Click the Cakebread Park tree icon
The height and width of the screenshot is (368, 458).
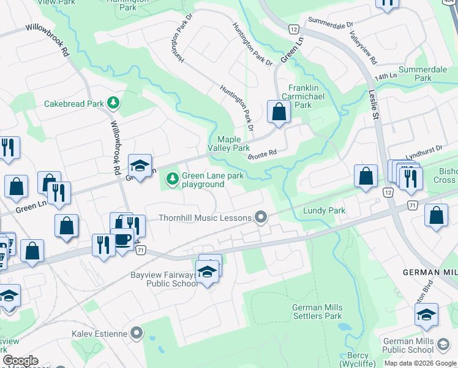(113, 103)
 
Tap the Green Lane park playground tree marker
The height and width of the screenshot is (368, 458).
(173, 179)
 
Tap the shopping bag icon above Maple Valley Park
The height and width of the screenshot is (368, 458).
(279, 112)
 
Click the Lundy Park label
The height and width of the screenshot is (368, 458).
(325, 210)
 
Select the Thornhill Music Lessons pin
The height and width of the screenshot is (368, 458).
(261, 217)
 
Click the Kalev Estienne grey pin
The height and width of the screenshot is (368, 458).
(136, 334)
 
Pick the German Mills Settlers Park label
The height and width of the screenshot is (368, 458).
(317, 312)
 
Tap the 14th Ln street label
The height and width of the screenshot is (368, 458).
(386, 78)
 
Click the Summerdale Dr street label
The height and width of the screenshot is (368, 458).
(331, 24)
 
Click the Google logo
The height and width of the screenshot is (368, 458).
(20, 360)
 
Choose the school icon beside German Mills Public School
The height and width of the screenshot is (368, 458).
(426, 315)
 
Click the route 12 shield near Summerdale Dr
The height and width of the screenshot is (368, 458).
(294, 29)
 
